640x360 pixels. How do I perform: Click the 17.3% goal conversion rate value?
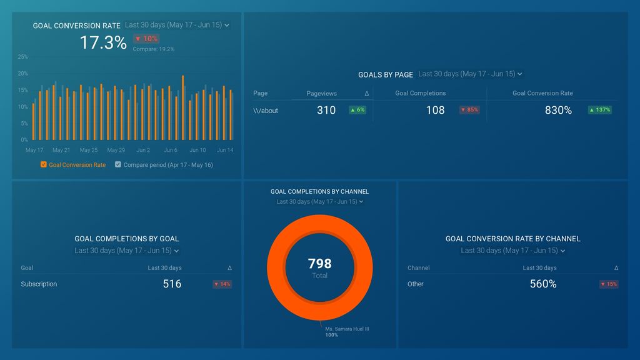tap(103, 42)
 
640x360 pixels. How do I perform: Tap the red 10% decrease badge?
tap(146, 39)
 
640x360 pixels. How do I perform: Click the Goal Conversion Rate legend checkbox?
tap(44, 165)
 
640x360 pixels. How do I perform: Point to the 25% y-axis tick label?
tap(22, 57)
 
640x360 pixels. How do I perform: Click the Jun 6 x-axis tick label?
tap(171, 150)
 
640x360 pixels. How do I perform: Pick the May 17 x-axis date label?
tap(34, 150)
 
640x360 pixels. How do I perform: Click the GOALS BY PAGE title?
tap(385, 74)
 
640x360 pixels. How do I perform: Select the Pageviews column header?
tap(321, 93)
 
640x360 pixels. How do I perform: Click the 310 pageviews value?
tap(326, 110)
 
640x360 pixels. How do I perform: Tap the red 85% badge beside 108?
tap(469, 110)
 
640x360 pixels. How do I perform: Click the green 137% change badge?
tap(599, 110)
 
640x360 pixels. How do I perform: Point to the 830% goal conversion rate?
tap(558, 110)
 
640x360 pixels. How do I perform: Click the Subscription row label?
tap(39, 284)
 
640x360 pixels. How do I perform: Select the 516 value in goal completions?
tap(172, 284)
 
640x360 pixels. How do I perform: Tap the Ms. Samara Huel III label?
tap(347, 329)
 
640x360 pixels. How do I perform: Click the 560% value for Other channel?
tap(543, 284)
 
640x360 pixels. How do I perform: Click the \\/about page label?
tap(266, 111)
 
